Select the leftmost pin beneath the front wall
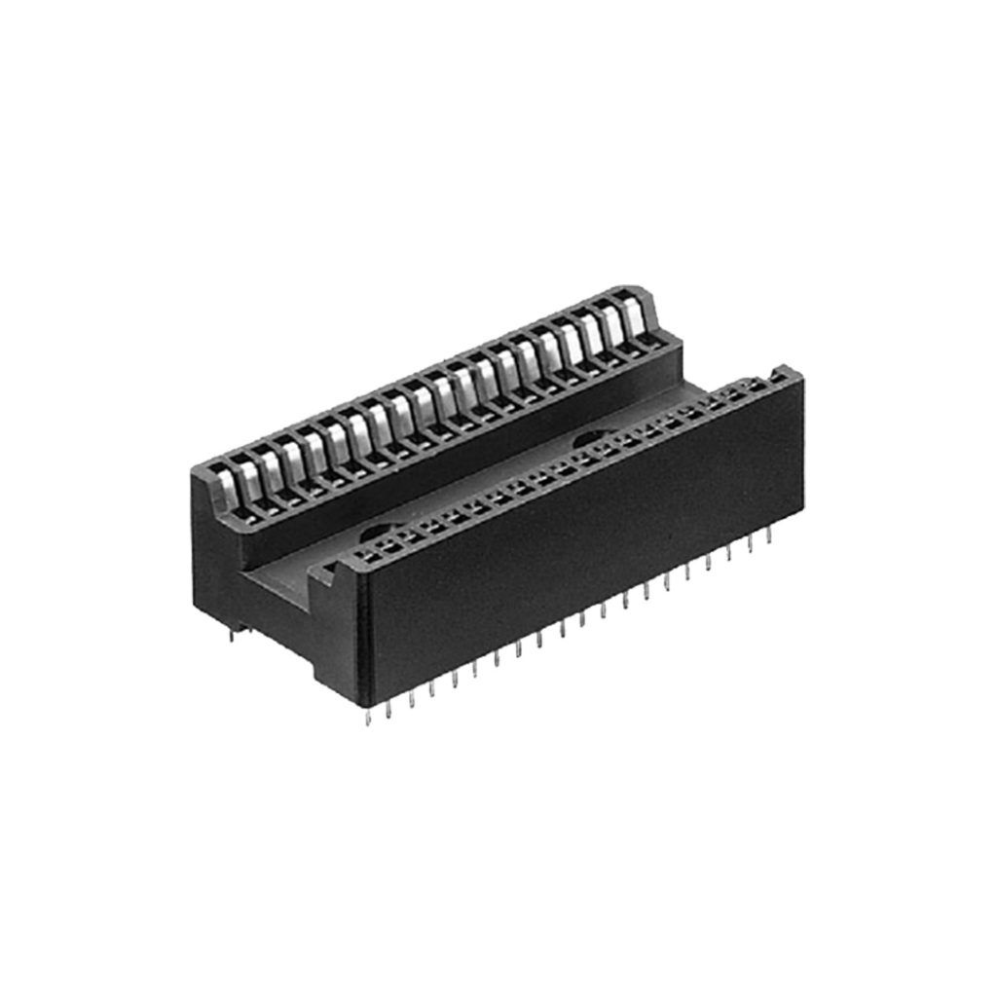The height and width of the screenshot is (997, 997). (367, 716)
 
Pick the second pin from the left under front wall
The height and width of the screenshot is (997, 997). (388, 708)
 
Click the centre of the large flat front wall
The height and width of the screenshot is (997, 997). (584, 545)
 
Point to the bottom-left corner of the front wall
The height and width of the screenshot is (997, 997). (363, 703)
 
